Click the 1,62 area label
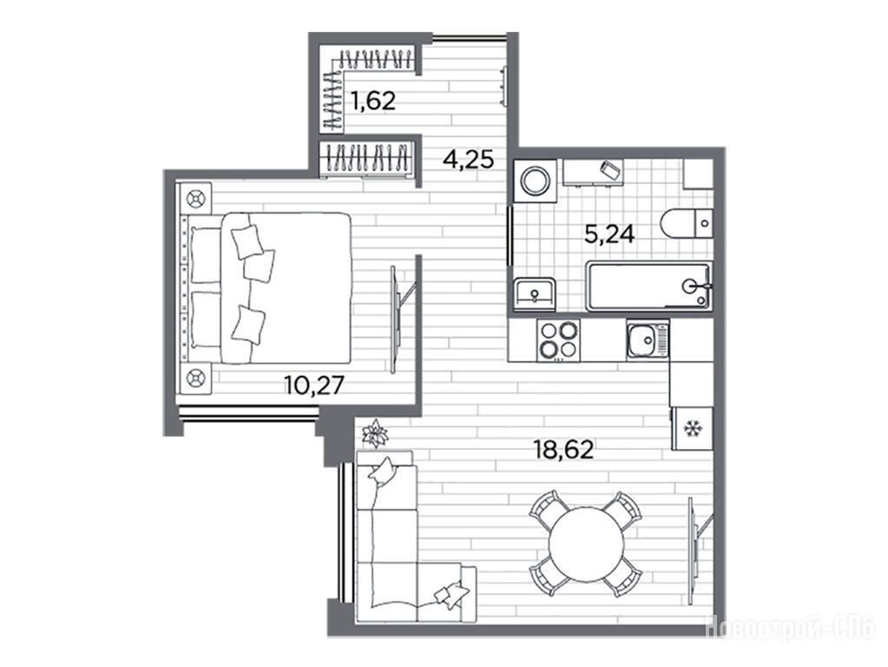(x=372, y=101)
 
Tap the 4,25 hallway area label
(x=469, y=159)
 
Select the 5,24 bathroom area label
(x=609, y=233)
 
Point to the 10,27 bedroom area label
(x=314, y=386)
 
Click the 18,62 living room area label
(x=563, y=450)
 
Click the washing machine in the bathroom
(x=536, y=181)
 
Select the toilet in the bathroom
(x=687, y=224)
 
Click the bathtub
(x=648, y=287)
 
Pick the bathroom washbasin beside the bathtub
(x=535, y=294)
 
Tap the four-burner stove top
(x=558, y=340)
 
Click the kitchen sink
(x=648, y=340)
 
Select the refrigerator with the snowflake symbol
(x=692, y=428)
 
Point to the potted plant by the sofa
(x=374, y=434)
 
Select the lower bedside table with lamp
(x=195, y=378)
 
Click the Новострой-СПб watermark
(x=791, y=627)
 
